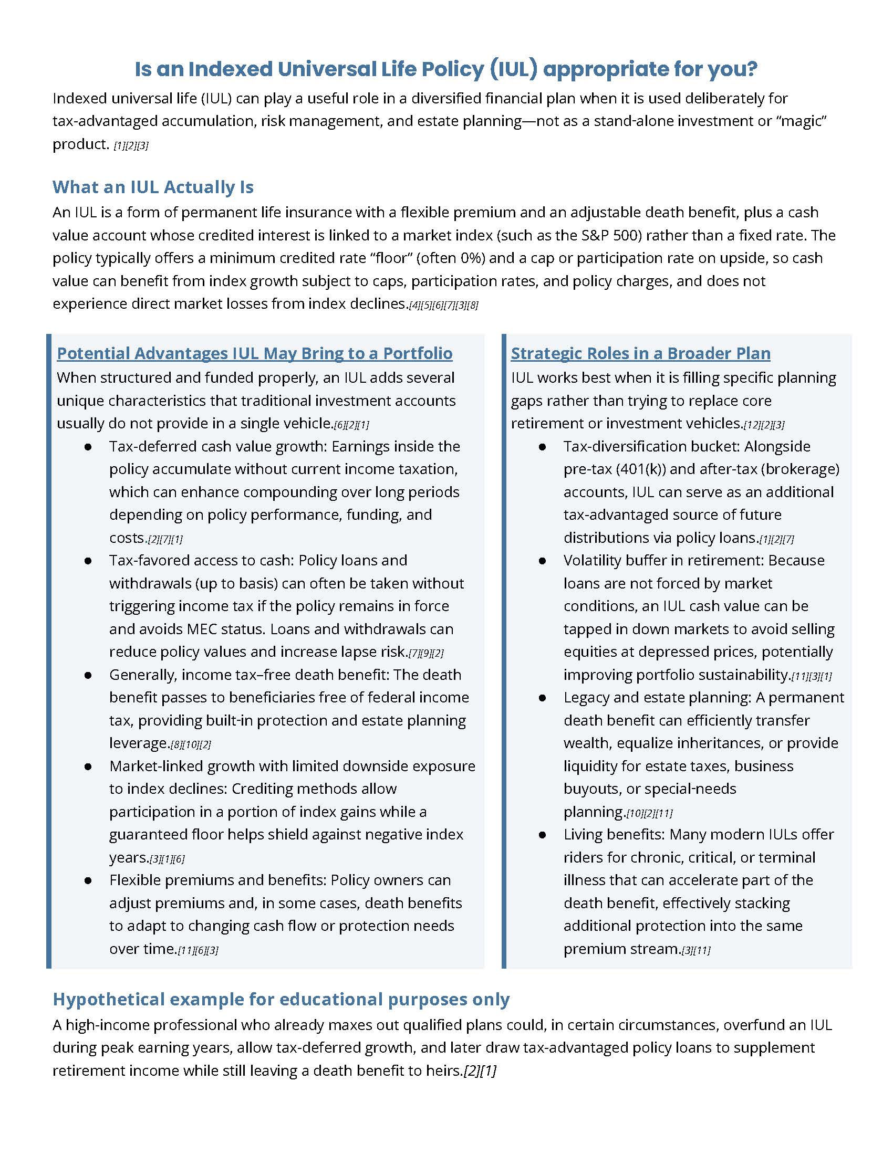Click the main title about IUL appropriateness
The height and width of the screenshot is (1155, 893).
click(x=446, y=69)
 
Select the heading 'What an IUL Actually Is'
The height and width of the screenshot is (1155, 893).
click(x=153, y=187)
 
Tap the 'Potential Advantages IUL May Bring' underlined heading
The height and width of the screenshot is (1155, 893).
click(x=254, y=353)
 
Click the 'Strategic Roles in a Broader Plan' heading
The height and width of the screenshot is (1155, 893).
click(x=640, y=353)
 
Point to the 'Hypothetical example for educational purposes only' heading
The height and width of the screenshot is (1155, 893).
click(x=281, y=999)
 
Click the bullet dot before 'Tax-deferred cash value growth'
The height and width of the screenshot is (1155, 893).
click(x=88, y=447)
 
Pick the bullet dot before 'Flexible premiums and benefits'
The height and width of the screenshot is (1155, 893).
click(x=88, y=880)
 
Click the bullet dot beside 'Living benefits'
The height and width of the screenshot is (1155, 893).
click(x=542, y=835)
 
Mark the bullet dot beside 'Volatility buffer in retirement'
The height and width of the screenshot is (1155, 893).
click(x=542, y=561)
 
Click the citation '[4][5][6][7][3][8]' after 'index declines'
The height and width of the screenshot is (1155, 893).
click(x=443, y=306)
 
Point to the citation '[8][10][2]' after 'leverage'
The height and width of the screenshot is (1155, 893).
click(x=191, y=744)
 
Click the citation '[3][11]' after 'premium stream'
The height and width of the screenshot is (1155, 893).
click(x=696, y=950)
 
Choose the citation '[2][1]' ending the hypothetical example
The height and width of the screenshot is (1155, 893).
click(x=480, y=1071)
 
